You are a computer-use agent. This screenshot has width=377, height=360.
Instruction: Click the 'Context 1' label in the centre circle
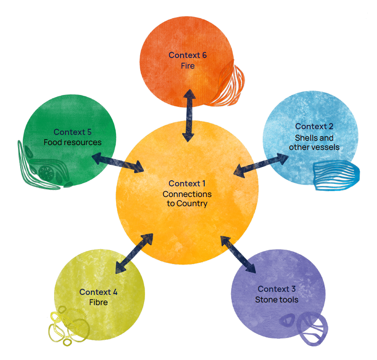187,183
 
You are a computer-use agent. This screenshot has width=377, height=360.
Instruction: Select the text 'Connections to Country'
187,199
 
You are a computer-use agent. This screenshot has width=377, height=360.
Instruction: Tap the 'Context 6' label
188,55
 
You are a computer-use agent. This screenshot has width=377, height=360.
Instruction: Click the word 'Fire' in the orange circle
188,66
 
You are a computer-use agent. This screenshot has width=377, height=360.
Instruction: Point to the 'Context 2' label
314,127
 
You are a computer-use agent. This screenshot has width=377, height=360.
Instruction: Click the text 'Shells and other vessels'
314,142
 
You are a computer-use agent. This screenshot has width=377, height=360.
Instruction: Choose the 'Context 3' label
277,289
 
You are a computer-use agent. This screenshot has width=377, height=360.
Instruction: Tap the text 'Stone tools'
277,300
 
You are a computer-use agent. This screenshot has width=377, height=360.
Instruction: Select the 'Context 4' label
98,292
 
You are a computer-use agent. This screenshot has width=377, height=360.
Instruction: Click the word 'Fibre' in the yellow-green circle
98,302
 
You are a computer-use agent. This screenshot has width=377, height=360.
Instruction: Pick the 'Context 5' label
72,132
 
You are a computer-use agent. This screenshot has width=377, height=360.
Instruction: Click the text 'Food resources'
72,142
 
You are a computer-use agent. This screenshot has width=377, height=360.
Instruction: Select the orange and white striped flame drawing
228,86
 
